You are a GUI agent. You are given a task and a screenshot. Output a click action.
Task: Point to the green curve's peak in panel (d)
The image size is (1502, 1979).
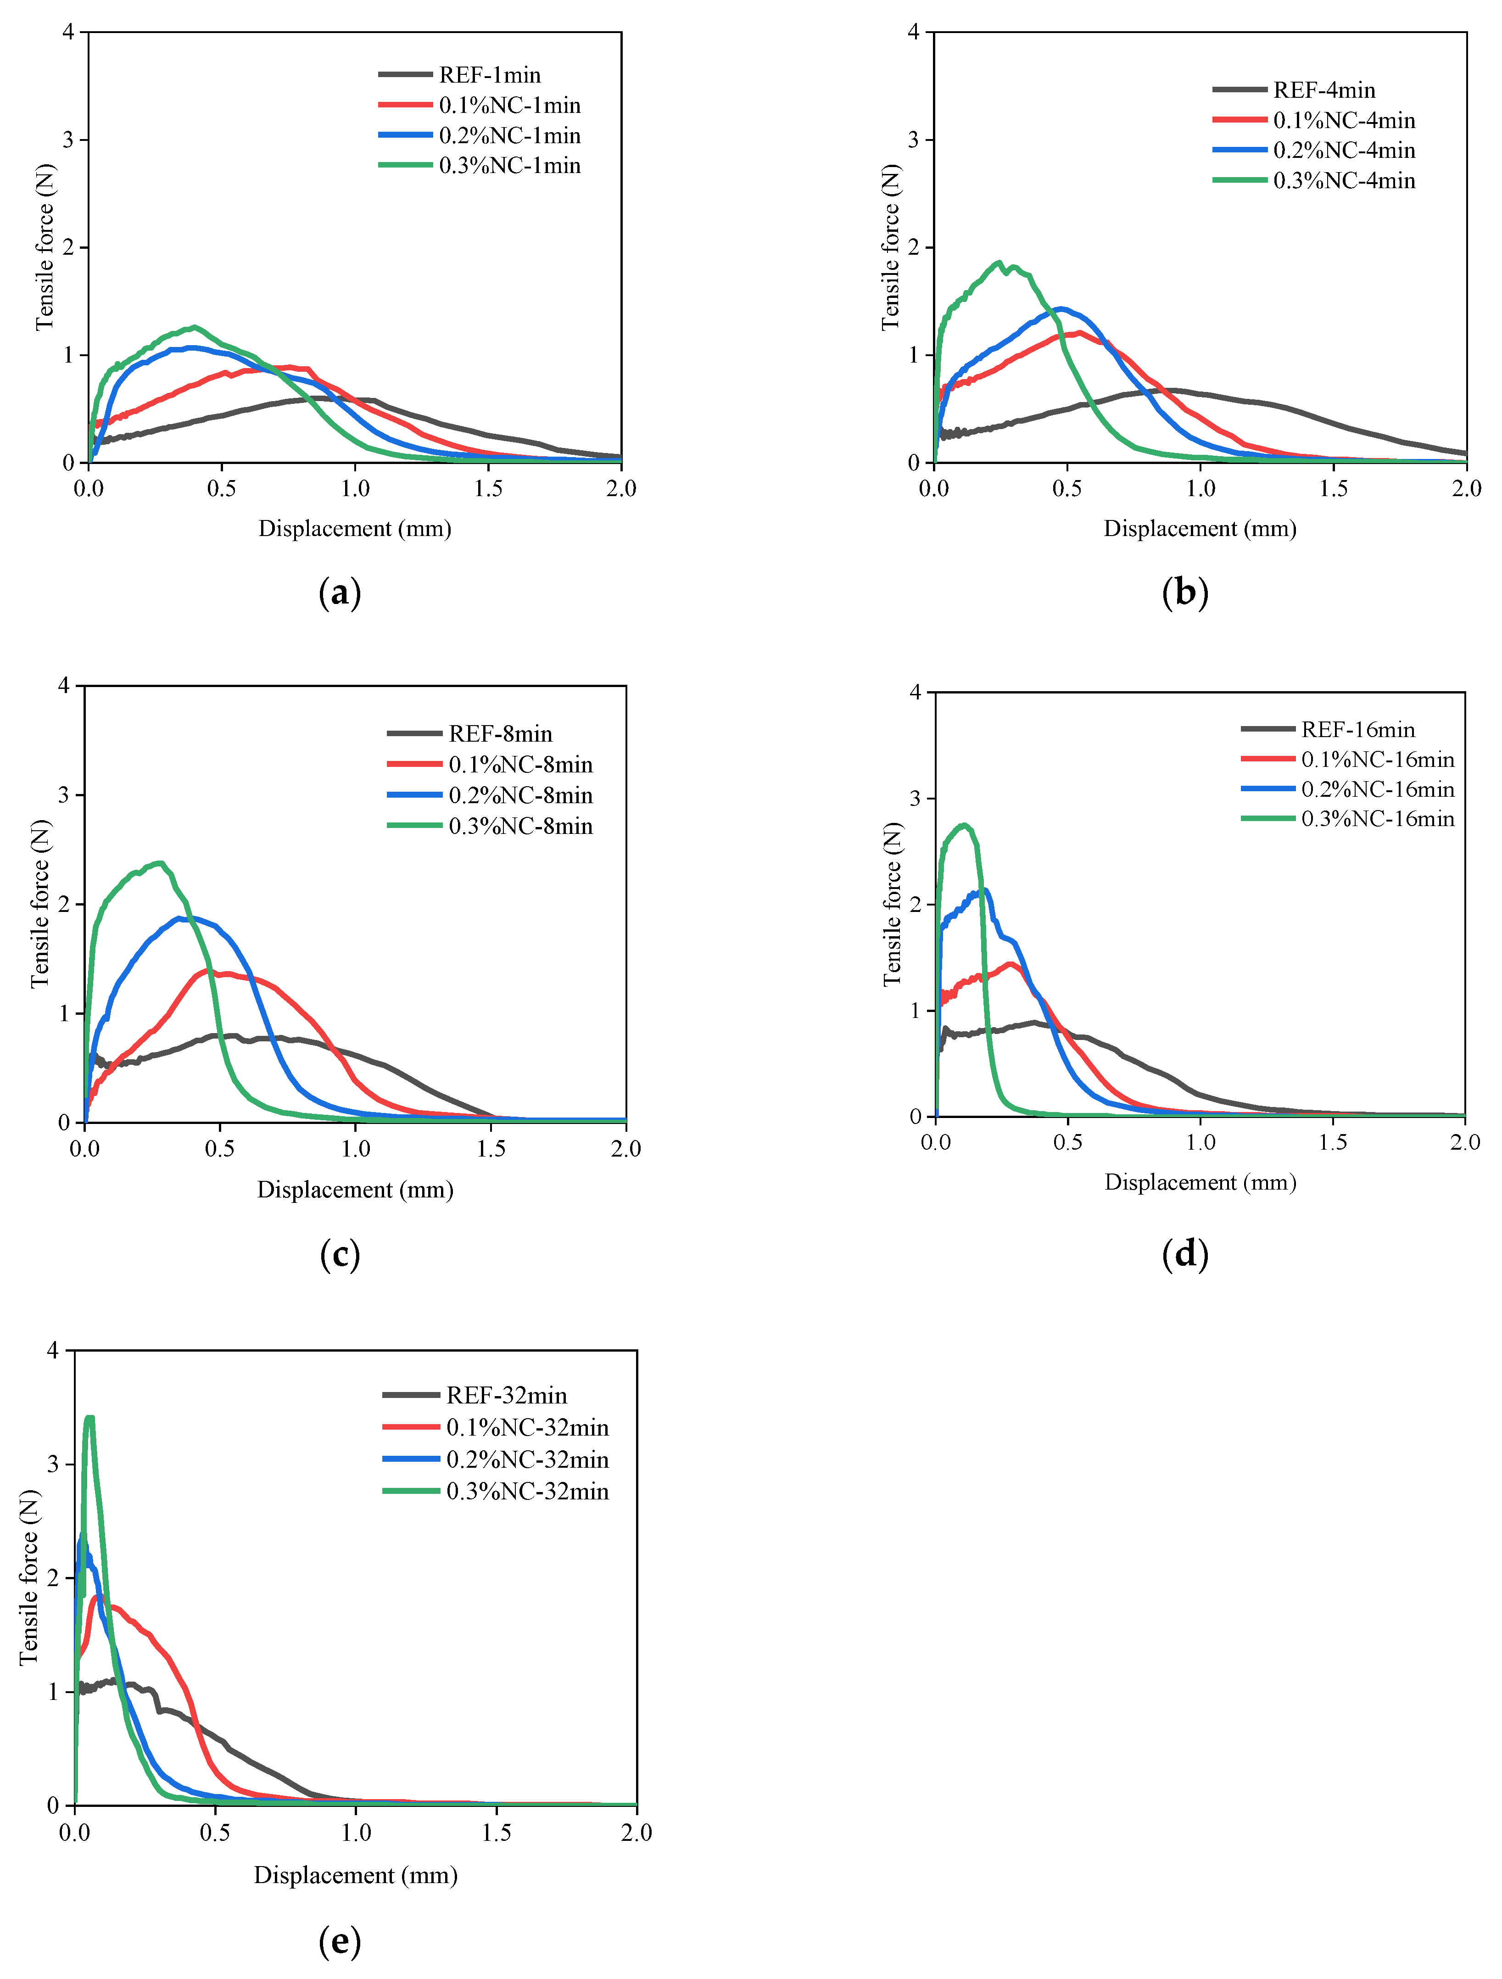964,825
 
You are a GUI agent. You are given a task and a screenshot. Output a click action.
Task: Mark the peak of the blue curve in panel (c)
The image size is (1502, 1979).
180,918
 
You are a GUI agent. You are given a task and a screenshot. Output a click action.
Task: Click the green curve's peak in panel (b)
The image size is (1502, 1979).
999,262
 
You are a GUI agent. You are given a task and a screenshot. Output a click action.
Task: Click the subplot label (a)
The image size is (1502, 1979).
340,593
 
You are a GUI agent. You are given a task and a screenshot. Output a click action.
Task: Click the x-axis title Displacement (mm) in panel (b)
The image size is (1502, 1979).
1200,529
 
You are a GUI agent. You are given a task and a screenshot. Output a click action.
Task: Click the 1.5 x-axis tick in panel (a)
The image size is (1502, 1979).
488,488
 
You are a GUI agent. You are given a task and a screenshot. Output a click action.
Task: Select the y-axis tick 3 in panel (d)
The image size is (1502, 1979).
915,798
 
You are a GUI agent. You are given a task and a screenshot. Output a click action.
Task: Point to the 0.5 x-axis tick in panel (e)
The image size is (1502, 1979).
215,1833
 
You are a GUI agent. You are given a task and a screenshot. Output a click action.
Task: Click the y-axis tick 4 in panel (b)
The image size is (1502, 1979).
913,32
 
